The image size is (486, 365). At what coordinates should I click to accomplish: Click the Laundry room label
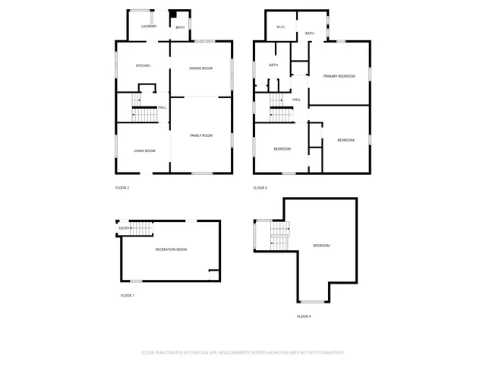point(149,27)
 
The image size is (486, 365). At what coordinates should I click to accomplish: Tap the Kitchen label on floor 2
point(143,65)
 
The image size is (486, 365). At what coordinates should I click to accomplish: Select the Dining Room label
point(200,68)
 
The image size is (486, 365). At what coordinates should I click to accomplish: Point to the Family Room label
point(201,135)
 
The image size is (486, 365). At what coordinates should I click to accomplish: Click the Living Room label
point(144,151)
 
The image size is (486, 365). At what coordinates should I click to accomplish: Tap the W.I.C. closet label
point(280,27)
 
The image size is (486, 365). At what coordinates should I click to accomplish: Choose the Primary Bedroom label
point(339,76)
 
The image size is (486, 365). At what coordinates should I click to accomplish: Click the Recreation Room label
point(171,249)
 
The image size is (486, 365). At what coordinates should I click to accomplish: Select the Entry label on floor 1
point(124,227)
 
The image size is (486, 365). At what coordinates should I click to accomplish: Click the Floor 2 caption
point(122,188)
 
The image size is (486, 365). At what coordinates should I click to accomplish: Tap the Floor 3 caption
point(260,188)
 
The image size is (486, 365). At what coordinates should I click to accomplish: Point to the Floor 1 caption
point(128,295)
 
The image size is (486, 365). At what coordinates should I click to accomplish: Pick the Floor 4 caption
point(304,316)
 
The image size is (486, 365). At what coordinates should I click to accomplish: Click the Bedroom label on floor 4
point(322,245)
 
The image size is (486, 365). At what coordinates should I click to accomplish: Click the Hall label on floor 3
point(296,100)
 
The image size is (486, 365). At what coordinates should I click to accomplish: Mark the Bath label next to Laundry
point(180,27)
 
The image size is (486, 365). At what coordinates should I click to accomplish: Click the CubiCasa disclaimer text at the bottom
point(243,353)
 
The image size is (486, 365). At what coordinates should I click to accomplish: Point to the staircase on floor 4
point(279,235)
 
